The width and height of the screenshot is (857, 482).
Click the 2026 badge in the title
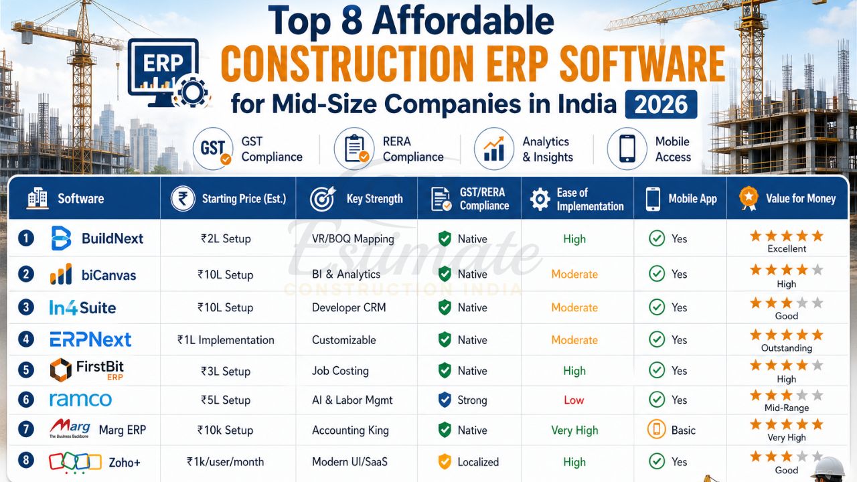click(x=661, y=104)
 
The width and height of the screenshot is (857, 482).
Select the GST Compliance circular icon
click(x=212, y=149)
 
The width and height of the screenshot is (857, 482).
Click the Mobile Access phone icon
click(x=627, y=149)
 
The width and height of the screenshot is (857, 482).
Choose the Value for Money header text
click(x=801, y=198)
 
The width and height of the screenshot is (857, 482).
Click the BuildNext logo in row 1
click(x=96, y=238)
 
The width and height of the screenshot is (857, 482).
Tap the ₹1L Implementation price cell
click(x=226, y=340)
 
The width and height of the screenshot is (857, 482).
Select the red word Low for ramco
click(x=574, y=400)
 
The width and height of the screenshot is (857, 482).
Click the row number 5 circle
click(x=25, y=370)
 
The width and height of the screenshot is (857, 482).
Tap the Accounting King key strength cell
click(x=350, y=430)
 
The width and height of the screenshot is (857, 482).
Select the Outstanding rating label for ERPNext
click(x=786, y=348)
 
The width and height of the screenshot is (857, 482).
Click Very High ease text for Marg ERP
click(x=574, y=430)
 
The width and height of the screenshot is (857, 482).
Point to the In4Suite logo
click(x=82, y=307)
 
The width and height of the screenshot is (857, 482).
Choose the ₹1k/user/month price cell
click(x=226, y=462)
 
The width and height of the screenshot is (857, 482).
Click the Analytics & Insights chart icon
click(x=494, y=149)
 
